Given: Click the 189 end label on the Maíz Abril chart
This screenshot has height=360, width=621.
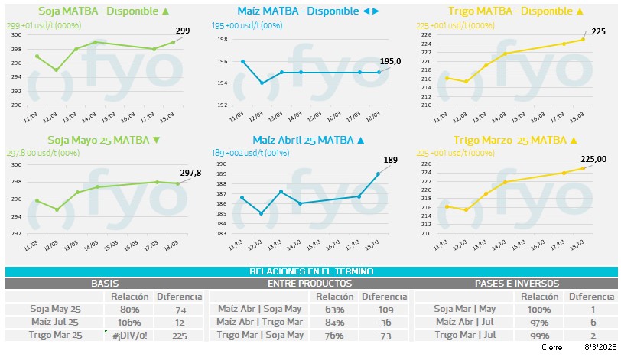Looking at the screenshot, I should point(391,160).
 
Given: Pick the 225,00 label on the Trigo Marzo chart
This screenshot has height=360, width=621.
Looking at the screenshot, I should point(596,159).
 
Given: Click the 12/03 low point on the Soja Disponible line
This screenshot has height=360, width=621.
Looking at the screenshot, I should point(55,70).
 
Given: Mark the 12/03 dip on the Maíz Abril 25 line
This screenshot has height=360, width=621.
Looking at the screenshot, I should point(262,213).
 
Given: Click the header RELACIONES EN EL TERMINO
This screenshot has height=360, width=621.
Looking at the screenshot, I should point(310,271).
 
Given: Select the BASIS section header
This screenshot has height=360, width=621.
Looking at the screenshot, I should point(105,284).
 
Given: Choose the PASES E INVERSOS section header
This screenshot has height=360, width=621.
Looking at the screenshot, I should point(518,284).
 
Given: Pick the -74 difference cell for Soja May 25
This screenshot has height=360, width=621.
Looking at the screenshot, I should point(180,310).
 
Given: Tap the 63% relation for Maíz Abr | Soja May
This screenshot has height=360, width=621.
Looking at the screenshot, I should point(333,310).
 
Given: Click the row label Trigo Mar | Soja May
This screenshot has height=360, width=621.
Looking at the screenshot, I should point(260,335).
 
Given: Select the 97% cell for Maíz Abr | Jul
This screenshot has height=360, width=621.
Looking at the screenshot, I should point(539,322).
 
